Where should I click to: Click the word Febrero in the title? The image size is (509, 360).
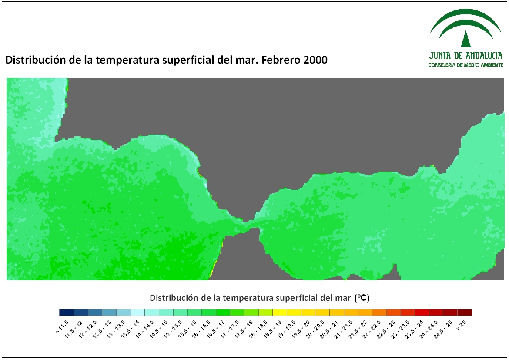(281, 60)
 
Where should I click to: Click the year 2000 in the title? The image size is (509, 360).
(315, 60)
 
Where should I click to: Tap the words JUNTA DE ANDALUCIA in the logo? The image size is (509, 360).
(466, 56)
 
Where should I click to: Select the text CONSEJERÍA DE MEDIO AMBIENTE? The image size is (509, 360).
(466, 65)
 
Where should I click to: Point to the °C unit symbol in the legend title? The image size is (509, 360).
(362, 298)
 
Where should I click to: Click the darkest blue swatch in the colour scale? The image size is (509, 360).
(67, 312)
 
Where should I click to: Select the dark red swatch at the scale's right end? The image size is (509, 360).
(465, 312)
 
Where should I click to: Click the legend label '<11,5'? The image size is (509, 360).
(62, 326)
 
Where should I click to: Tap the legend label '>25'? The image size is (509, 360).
(461, 325)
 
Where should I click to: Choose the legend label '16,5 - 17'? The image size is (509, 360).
(215, 329)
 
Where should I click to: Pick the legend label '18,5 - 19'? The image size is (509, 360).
(272, 329)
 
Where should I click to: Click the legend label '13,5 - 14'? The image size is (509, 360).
(130, 329)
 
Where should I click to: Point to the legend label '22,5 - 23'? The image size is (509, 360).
(385, 329)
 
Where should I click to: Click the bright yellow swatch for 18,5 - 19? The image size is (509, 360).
(280, 312)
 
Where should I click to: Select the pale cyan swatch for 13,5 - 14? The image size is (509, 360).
(137, 312)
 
